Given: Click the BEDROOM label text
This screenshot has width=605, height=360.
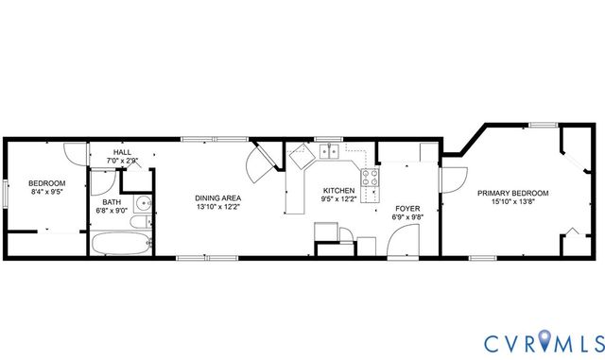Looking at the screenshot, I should [x=45, y=183].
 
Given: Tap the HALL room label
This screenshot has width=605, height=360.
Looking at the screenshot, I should [x=122, y=152].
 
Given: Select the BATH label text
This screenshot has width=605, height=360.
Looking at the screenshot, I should [x=112, y=201].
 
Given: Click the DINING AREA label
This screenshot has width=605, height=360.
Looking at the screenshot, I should [x=217, y=198].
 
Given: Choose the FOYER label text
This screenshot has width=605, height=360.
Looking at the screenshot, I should [x=407, y=209].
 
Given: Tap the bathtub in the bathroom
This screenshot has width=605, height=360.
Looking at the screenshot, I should [x=121, y=244].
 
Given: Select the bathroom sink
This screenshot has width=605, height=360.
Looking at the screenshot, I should [x=143, y=203].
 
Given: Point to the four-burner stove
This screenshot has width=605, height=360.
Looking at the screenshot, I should [x=371, y=177].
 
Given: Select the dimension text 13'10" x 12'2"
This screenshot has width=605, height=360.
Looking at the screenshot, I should [x=217, y=207].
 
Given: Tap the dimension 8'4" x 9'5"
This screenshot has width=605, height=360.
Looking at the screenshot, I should [x=45, y=192].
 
